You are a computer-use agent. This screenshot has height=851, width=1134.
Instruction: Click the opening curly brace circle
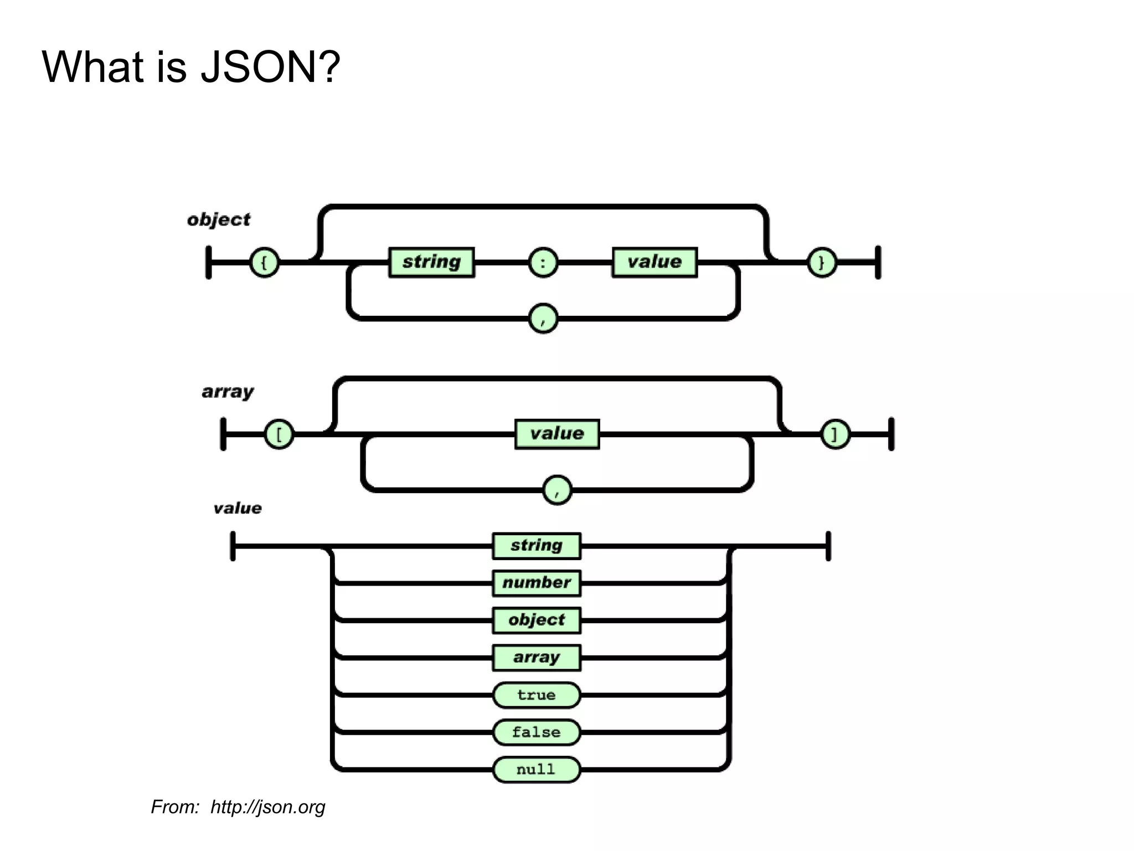(x=264, y=263)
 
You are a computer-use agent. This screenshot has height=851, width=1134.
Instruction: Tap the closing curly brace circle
(x=822, y=263)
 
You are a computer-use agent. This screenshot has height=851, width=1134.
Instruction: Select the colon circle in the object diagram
(x=543, y=263)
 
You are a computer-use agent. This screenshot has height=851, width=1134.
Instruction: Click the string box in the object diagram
(x=431, y=262)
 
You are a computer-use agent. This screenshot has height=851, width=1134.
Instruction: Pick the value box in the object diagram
(x=654, y=262)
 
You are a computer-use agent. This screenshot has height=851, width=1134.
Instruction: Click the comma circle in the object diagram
(x=543, y=318)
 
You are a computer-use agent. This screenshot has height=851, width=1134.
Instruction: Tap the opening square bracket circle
(x=279, y=434)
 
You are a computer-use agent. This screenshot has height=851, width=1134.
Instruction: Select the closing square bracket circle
(x=835, y=434)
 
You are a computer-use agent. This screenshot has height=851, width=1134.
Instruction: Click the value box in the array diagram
(x=557, y=434)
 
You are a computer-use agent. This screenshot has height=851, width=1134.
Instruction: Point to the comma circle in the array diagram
(x=557, y=490)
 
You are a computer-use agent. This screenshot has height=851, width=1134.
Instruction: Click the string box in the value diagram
(x=537, y=546)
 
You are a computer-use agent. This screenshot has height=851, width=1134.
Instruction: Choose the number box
(x=537, y=583)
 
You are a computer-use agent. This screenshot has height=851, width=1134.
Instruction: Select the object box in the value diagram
(x=537, y=620)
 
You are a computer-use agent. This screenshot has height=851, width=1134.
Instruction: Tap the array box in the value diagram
(x=537, y=658)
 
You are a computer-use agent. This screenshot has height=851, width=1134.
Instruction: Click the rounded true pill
(x=537, y=695)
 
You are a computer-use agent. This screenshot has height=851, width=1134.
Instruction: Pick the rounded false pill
(x=537, y=732)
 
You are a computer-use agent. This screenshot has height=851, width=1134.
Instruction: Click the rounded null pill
(x=537, y=770)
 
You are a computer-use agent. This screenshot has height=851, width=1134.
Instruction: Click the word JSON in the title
(x=270, y=67)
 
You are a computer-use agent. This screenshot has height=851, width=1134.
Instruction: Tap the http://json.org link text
(x=268, y=807)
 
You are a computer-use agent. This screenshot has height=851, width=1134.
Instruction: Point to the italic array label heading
(x=228, y=392)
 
